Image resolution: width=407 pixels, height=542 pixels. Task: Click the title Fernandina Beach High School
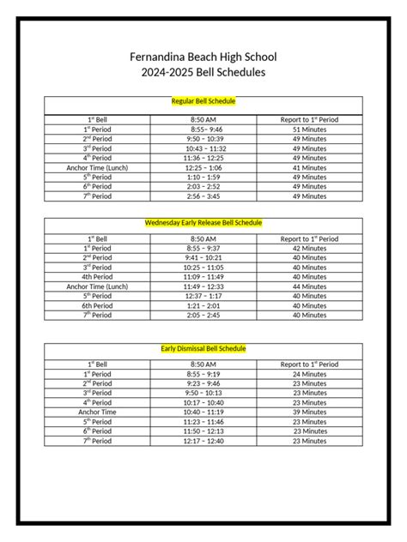point(203,57)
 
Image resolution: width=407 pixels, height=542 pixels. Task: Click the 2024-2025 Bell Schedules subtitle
point(203,73)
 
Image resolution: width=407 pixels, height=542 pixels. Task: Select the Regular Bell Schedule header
point(203,101)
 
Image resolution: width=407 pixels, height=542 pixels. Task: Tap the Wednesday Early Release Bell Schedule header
point(203,222)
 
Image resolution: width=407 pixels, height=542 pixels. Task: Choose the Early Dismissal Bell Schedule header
point(203,349)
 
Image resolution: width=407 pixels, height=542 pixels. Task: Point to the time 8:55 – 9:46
point(203,129)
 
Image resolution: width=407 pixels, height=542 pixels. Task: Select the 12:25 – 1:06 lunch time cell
point(203,167)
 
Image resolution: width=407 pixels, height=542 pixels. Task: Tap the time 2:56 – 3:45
point(203,196)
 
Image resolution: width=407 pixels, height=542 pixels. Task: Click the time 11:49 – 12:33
point(203,286)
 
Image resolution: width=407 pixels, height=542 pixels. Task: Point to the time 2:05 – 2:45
point(203,315)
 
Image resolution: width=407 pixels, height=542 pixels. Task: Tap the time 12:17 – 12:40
point(203,441)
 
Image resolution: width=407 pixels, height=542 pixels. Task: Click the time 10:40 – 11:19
point(203,413)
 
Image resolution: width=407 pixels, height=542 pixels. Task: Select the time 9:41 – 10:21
point(203,257)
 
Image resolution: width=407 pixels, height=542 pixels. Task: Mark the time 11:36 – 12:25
point(203,158)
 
